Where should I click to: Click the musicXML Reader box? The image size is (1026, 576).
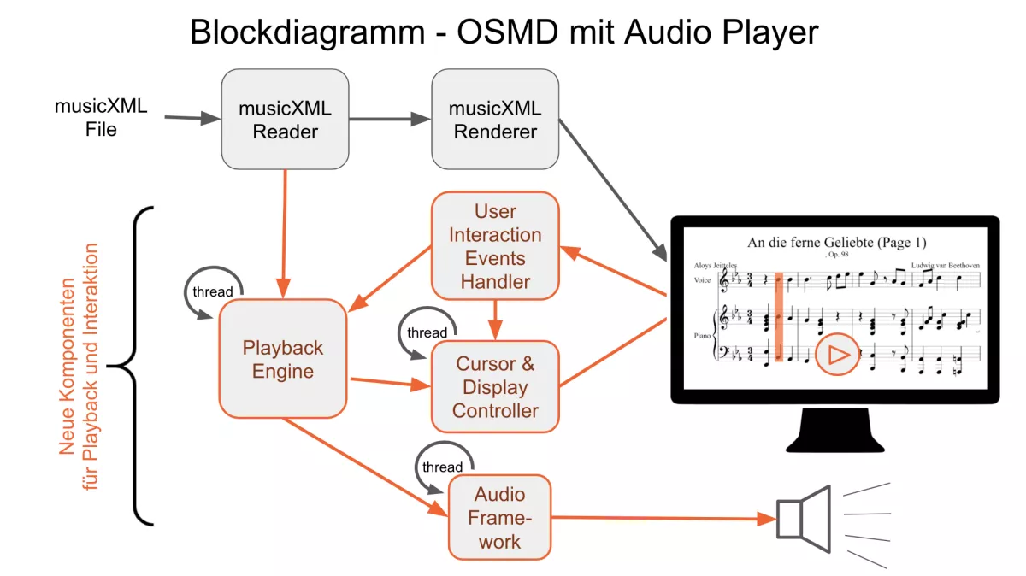[285, 119]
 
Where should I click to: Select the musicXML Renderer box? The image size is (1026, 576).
[495, 119]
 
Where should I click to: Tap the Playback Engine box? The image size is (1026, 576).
[283, 359]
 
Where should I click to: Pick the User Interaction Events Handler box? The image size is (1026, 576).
[495, 245]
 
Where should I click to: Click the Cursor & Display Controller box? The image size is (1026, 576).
[495, 386]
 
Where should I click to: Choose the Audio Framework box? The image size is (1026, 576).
[500, 518]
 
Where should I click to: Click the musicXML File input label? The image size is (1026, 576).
[101, 118]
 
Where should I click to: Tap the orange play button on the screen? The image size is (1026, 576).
[837, 354]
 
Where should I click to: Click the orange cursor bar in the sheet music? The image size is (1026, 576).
[778, 320]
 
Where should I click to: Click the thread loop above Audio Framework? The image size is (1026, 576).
[442, 466]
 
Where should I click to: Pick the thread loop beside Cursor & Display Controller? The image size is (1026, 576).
[427, 332]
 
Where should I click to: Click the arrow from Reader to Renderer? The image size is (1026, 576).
[390, 119]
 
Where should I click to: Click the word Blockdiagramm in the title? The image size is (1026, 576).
[306, 32]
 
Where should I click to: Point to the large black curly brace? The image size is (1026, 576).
[137, 366]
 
